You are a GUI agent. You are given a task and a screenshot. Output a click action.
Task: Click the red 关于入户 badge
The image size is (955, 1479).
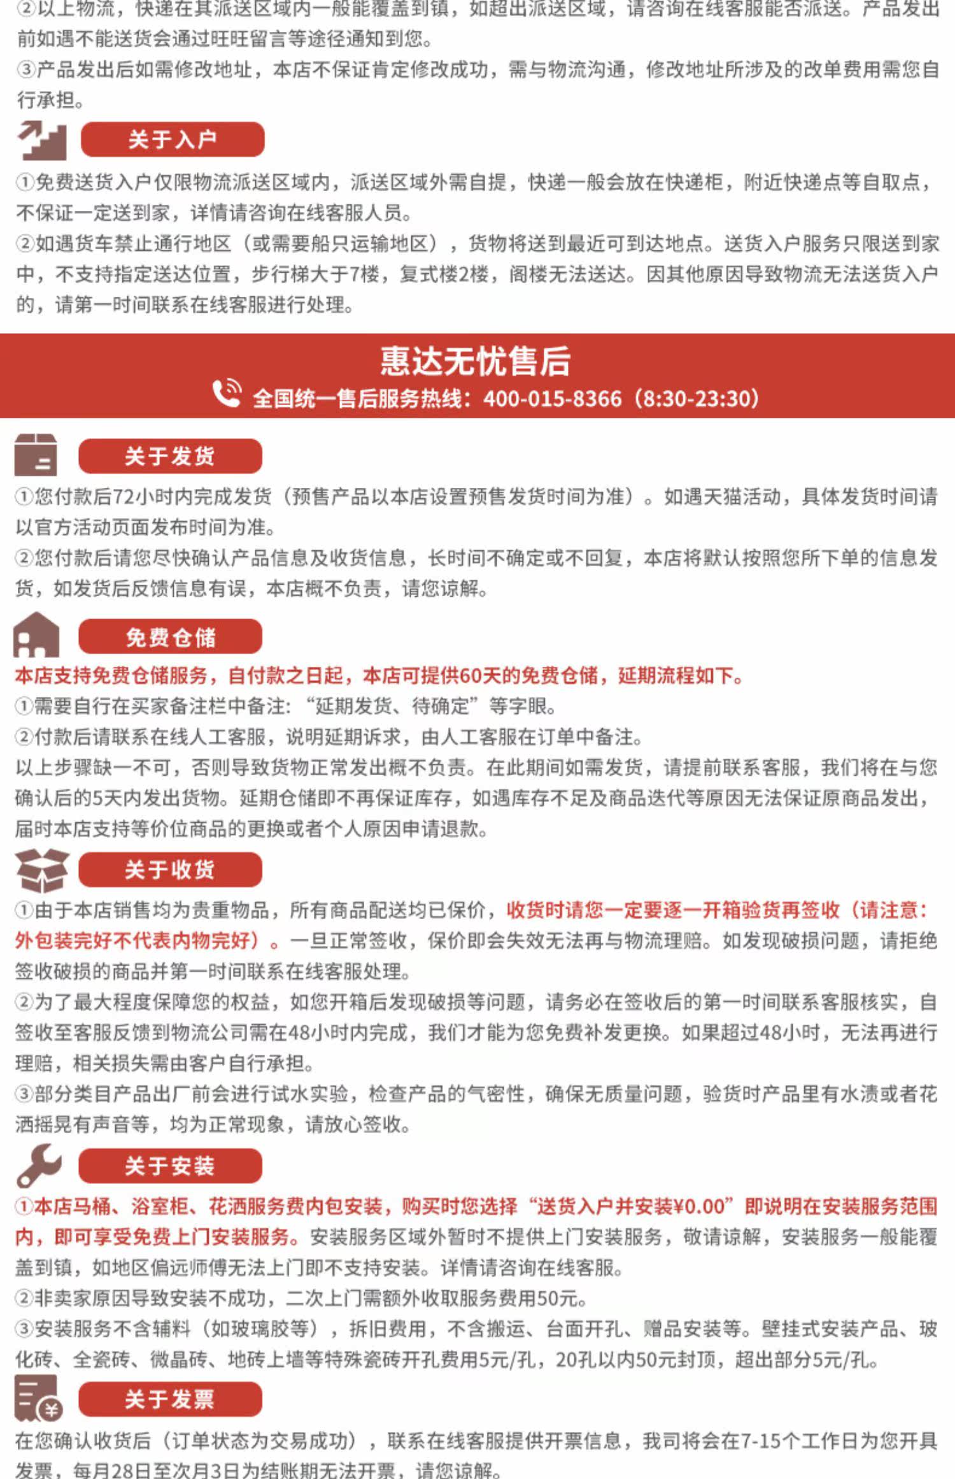pyautogui.click(x=172, y=139)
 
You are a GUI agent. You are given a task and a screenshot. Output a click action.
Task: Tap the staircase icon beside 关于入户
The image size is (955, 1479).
pyautogui.click(x=42, y=140)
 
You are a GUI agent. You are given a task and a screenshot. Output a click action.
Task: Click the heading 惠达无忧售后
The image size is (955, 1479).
pyautogui.click(x=476, y=361)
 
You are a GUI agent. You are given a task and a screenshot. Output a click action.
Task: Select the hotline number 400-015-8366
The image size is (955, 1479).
pyautogui.click(x=552, y=399)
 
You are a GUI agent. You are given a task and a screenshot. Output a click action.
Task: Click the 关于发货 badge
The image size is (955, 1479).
pyautogui.click(x=170, y=456)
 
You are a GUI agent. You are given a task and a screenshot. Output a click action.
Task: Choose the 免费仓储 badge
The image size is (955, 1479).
pyautogui.click(x=170, y=636)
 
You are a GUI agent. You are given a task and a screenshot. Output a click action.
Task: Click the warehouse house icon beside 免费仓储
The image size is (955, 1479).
pyautogui.click(x=36, y=635)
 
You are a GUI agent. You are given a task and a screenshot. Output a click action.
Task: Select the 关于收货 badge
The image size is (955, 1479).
pyautogui.click(x=170, y=869)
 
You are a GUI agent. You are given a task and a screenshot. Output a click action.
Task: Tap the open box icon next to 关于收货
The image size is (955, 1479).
pyautogui.click(x=42, y=869)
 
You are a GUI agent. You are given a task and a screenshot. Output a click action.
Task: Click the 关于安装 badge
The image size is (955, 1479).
pyautogui.click(x=170, y=1166)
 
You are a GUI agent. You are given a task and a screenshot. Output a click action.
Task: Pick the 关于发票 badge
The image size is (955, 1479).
pyautogui.click(x=170, y=1399)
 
